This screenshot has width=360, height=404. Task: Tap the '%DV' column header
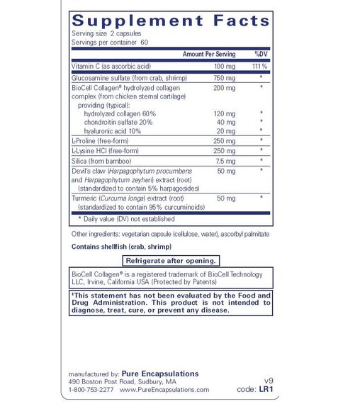point(261,54)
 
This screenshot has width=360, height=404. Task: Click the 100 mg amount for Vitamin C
point(225,66)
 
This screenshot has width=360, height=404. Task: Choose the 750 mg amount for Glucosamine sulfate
point(225,77)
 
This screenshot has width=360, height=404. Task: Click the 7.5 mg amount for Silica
point(225,161)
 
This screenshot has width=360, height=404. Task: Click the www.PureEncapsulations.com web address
point(164,390)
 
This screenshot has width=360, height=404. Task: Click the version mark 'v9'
point(269,380)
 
